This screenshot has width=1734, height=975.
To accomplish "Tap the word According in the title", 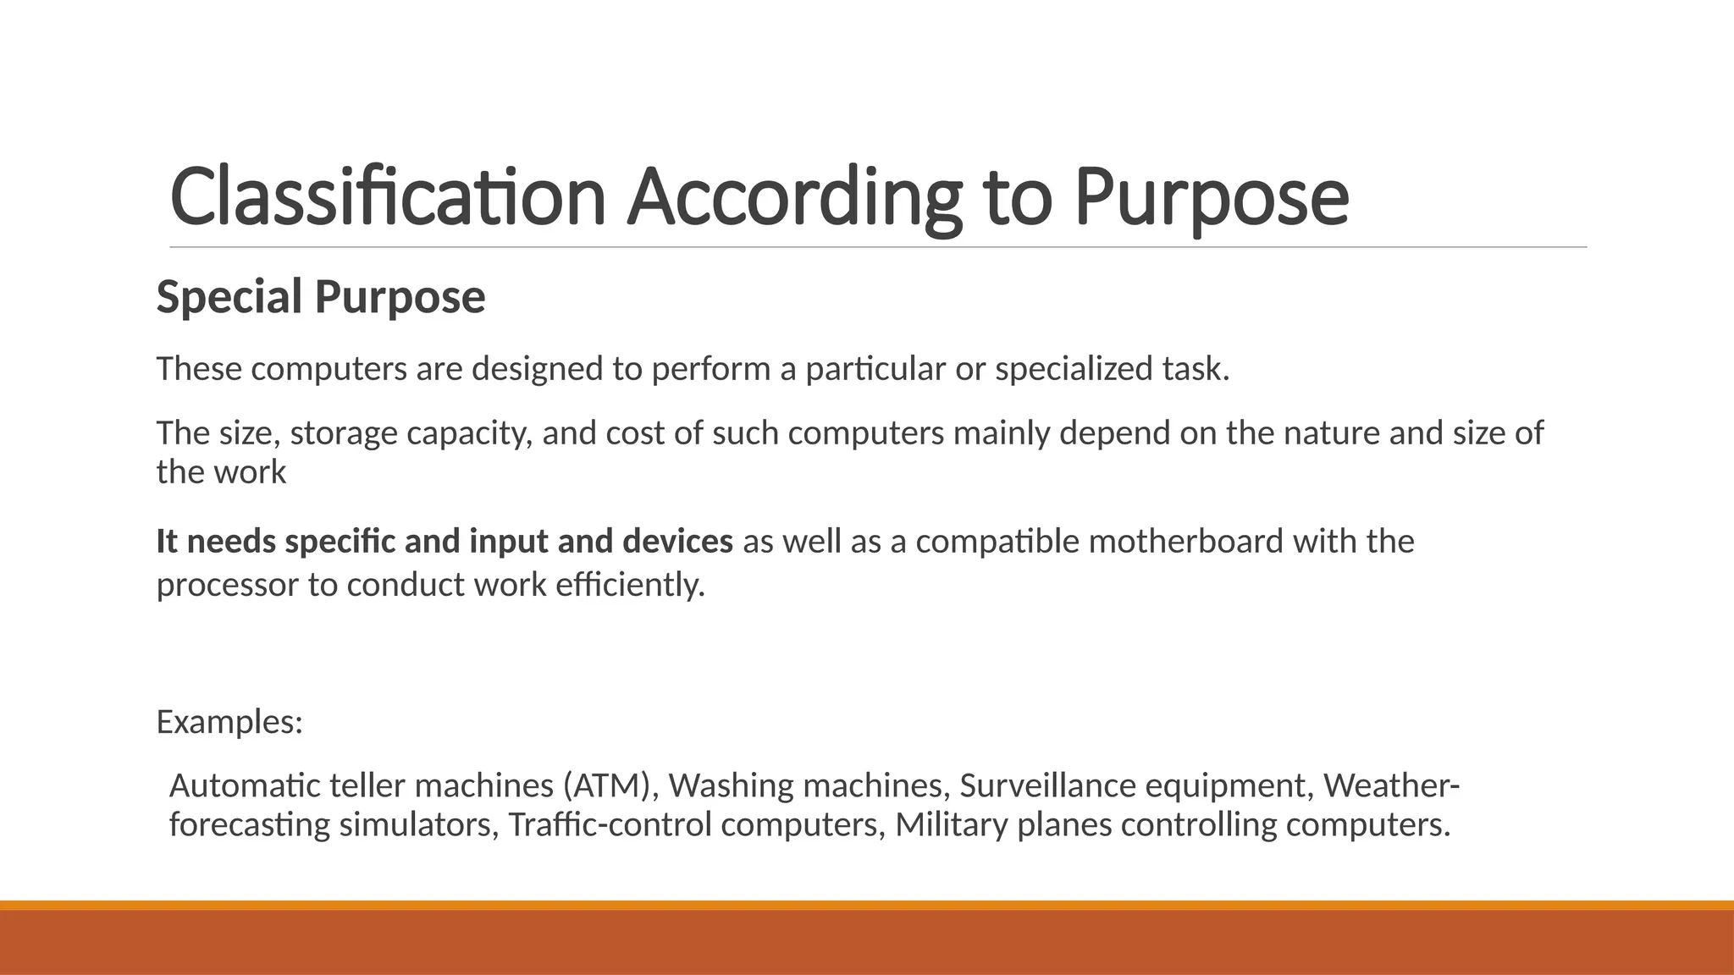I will (x=794, y=196).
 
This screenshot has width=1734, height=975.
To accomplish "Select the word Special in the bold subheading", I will (x=229, y=297).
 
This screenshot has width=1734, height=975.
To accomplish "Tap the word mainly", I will (x=1002, y=433).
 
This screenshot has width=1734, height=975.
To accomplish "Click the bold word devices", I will (x=677, y=542).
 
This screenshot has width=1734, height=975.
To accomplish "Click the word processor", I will (x=228, y=585).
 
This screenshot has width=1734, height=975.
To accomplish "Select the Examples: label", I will (x=229, y=722).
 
